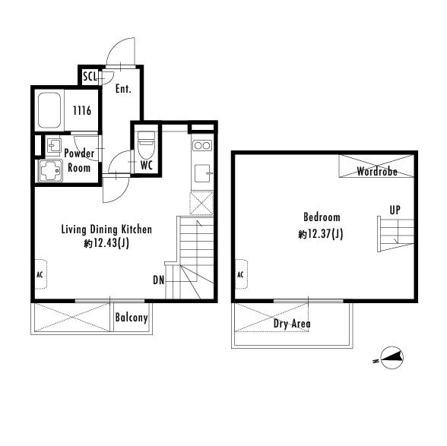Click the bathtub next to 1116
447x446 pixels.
[x=49, y=111]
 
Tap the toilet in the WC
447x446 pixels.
[x=146, y=145]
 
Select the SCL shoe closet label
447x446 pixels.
[x=90, y=76]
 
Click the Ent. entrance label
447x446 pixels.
[x=123, y=89]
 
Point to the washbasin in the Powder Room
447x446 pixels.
[x=54, y=146]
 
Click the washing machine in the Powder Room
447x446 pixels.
[x=50, y=171]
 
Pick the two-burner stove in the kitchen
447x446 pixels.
[x=202, y=146]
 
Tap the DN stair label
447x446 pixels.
[x=158, y=280]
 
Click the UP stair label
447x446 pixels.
[x=395, y=210]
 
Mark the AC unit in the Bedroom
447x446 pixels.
[x=241, y=274]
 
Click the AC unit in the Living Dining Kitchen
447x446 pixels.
[x=41, y=274]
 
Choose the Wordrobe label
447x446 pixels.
[x=377, y=171]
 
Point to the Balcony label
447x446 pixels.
[x=132, y=318]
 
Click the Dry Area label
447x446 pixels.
[x=292, y=324]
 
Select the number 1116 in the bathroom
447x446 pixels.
[x=82, y=110]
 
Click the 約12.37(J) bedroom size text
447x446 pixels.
[x=321, y=234]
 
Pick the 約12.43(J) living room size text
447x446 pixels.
[x=106, y=243]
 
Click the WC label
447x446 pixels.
[x=147, y=166]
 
